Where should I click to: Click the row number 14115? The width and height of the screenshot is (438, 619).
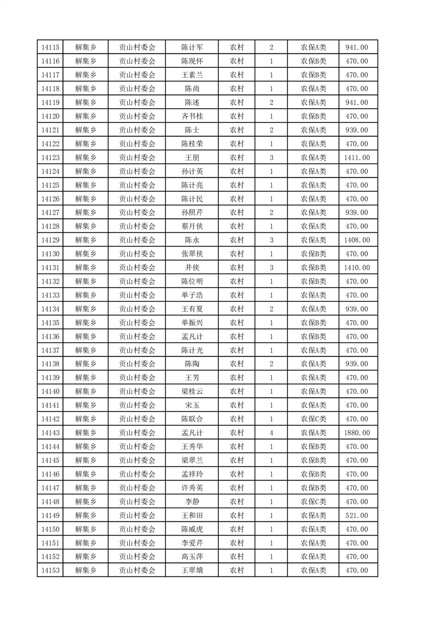[50, 47]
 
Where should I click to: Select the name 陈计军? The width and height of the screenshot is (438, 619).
[192, 47]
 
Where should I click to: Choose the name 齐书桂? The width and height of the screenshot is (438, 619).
[192, 116]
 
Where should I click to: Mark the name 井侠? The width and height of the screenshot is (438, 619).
[192, 268]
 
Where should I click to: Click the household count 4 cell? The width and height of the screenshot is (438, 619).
[271, 433]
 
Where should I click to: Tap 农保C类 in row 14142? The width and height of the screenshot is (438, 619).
[313, 419]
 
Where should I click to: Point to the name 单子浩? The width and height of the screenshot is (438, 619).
[192, 295]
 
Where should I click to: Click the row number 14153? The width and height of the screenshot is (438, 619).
[50, 570]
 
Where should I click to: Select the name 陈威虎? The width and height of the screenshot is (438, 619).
[192, 530]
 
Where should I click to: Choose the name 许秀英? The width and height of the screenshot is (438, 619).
[192, 488]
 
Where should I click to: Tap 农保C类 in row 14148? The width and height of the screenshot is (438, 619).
[313, 502]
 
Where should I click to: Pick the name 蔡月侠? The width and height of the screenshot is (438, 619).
[192, 227]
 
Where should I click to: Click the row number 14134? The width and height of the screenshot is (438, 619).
[50, 309]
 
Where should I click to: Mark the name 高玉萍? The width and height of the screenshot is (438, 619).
[192, 557]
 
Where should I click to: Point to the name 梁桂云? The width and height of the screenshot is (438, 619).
[192, 392]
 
